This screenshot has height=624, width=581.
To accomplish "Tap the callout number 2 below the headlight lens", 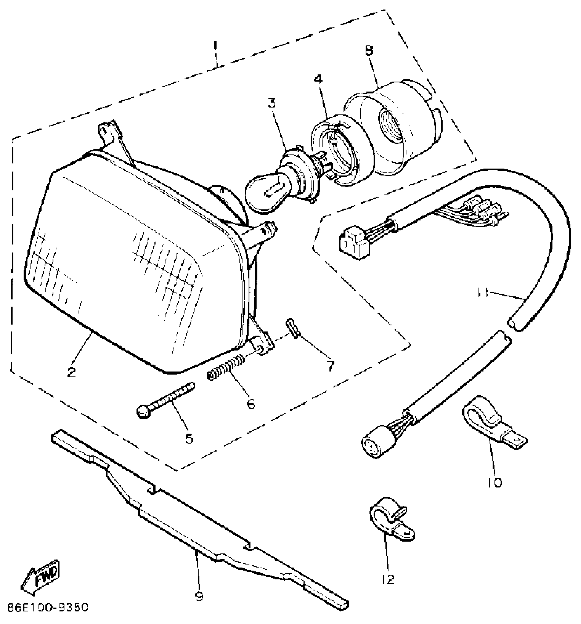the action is [x=71, y=372].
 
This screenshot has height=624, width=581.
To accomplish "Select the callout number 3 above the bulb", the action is [x=272, y=103].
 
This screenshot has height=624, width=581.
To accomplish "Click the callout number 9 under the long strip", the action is [x=199, y=596].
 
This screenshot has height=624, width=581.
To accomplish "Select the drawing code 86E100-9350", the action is [x=44, y=607].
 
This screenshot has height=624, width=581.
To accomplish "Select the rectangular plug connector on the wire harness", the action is [x=354, y=243].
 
